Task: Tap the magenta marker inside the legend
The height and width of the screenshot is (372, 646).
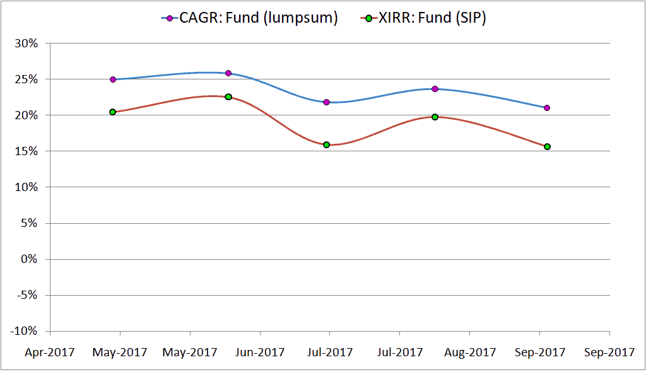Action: (x=170, y=18)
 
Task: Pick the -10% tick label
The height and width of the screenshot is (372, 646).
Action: (x=26, y=331)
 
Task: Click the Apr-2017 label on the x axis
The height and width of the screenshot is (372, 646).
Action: (x=49, y=352)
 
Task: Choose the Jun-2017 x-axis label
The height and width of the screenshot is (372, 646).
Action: (x=259, y=352)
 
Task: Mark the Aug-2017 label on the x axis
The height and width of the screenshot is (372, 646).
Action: (x=469, y=352)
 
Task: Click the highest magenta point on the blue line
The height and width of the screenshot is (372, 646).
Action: (x=228, y=73)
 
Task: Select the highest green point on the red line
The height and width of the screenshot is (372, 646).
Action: (x=228, y=96)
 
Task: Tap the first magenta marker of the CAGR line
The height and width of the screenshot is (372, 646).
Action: (x=113, y=79)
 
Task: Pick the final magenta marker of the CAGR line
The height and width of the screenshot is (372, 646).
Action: (x=547, y=108)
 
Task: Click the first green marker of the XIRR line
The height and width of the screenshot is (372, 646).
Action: (x=113, y=112)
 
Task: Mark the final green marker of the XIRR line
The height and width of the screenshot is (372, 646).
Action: (x=547, y=146)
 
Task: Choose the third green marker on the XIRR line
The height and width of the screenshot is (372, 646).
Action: (x=326, y=144)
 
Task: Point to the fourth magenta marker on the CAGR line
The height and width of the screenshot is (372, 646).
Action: (x=435, y=89)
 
